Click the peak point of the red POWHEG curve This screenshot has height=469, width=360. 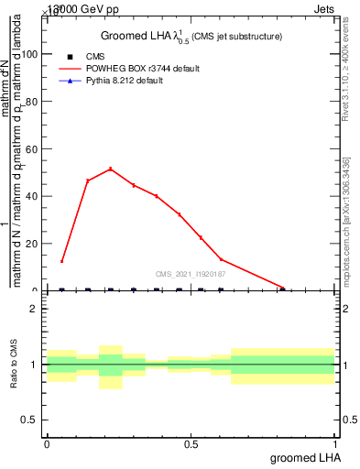pos(111,169)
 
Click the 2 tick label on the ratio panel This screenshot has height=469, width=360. pos(33,309)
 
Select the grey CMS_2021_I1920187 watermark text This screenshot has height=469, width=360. pos(190,274)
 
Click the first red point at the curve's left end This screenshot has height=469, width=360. pos(61,261)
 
